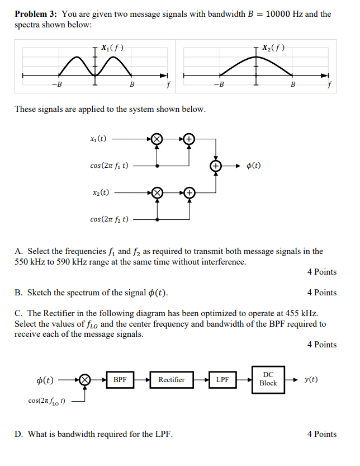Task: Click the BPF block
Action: click(120, 380)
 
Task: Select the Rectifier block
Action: click(171, 380)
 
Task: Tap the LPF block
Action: click(222, 380)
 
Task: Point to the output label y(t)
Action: click(311, 379)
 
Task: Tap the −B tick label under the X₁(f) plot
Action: click(57, 84)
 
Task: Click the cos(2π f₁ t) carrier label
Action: click(109, 166)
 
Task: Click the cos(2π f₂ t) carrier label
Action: click(109, 219)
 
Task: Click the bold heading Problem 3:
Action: click(36, 14)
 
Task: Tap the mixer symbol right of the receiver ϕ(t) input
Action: click(85, 380)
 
